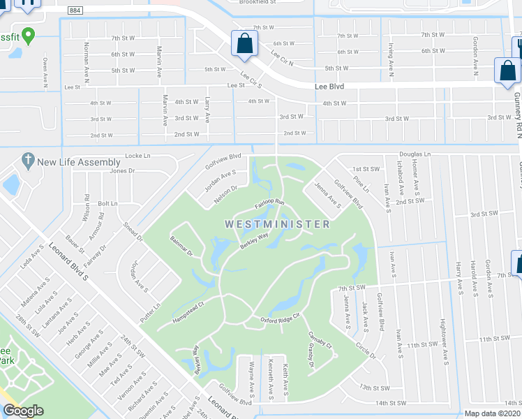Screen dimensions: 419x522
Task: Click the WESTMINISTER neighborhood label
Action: tap(277, 224)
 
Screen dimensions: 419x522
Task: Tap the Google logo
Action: tap(24, 411)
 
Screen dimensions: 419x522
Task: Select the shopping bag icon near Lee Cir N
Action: tap(245, 43)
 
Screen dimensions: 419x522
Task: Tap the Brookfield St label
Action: tap(258, 3)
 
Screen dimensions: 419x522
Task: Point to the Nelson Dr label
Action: tap(230, 192)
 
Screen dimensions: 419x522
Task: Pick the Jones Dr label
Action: tap(121, 170)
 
